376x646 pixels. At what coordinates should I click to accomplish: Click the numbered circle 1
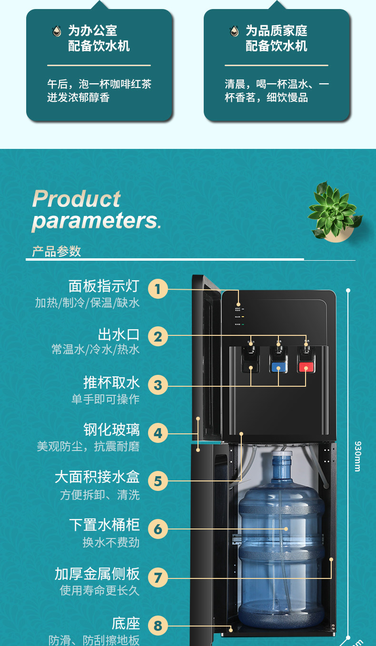click(x=158, y=289)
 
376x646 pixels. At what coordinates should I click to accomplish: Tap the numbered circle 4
click(x=158, y=433)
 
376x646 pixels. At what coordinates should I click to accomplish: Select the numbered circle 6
click(x=158, y=529)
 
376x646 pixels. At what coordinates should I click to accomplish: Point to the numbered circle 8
click(x=158, y=626)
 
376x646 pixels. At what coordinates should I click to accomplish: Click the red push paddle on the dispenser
click(x=306, y=367)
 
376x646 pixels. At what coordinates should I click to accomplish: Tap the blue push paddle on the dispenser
click(x=278, y=367)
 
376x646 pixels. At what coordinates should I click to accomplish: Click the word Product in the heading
click(x=76, y=199)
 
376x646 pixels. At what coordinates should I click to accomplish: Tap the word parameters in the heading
click(x=95, y=221)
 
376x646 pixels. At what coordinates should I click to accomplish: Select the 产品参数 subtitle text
click(x=57, y=251)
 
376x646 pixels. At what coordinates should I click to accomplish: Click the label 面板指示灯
click(x=104, y=286)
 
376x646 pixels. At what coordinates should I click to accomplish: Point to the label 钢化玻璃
click(x=111, y=430)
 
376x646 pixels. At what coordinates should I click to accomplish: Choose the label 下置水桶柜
click(x=104, y=525)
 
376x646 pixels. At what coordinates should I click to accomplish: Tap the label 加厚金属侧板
click(x=97, y=574)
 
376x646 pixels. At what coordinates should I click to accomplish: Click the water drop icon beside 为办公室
click(x=57, y=31)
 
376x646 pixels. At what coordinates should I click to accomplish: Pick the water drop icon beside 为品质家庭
click(x=234, y=31)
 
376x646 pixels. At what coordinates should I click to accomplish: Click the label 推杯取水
click(x=111, y=382)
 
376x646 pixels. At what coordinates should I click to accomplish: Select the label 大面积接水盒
click(x=97, y=477)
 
